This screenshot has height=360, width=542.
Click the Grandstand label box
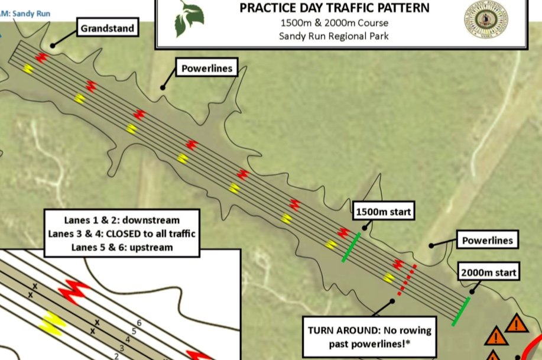pos(108,28)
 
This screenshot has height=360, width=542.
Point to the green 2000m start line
pos(461,311)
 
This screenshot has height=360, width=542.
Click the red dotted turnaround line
pos(407,279)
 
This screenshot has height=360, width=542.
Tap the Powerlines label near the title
pos(207,69)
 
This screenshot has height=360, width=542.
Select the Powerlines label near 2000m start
pos(486,241)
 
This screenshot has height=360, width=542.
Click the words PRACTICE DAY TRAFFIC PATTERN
pos(335,9)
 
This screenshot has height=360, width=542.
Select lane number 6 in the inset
pos(139,323)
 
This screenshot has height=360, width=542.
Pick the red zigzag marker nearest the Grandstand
pos(41,57)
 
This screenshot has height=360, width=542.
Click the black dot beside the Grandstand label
pos(53,45)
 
